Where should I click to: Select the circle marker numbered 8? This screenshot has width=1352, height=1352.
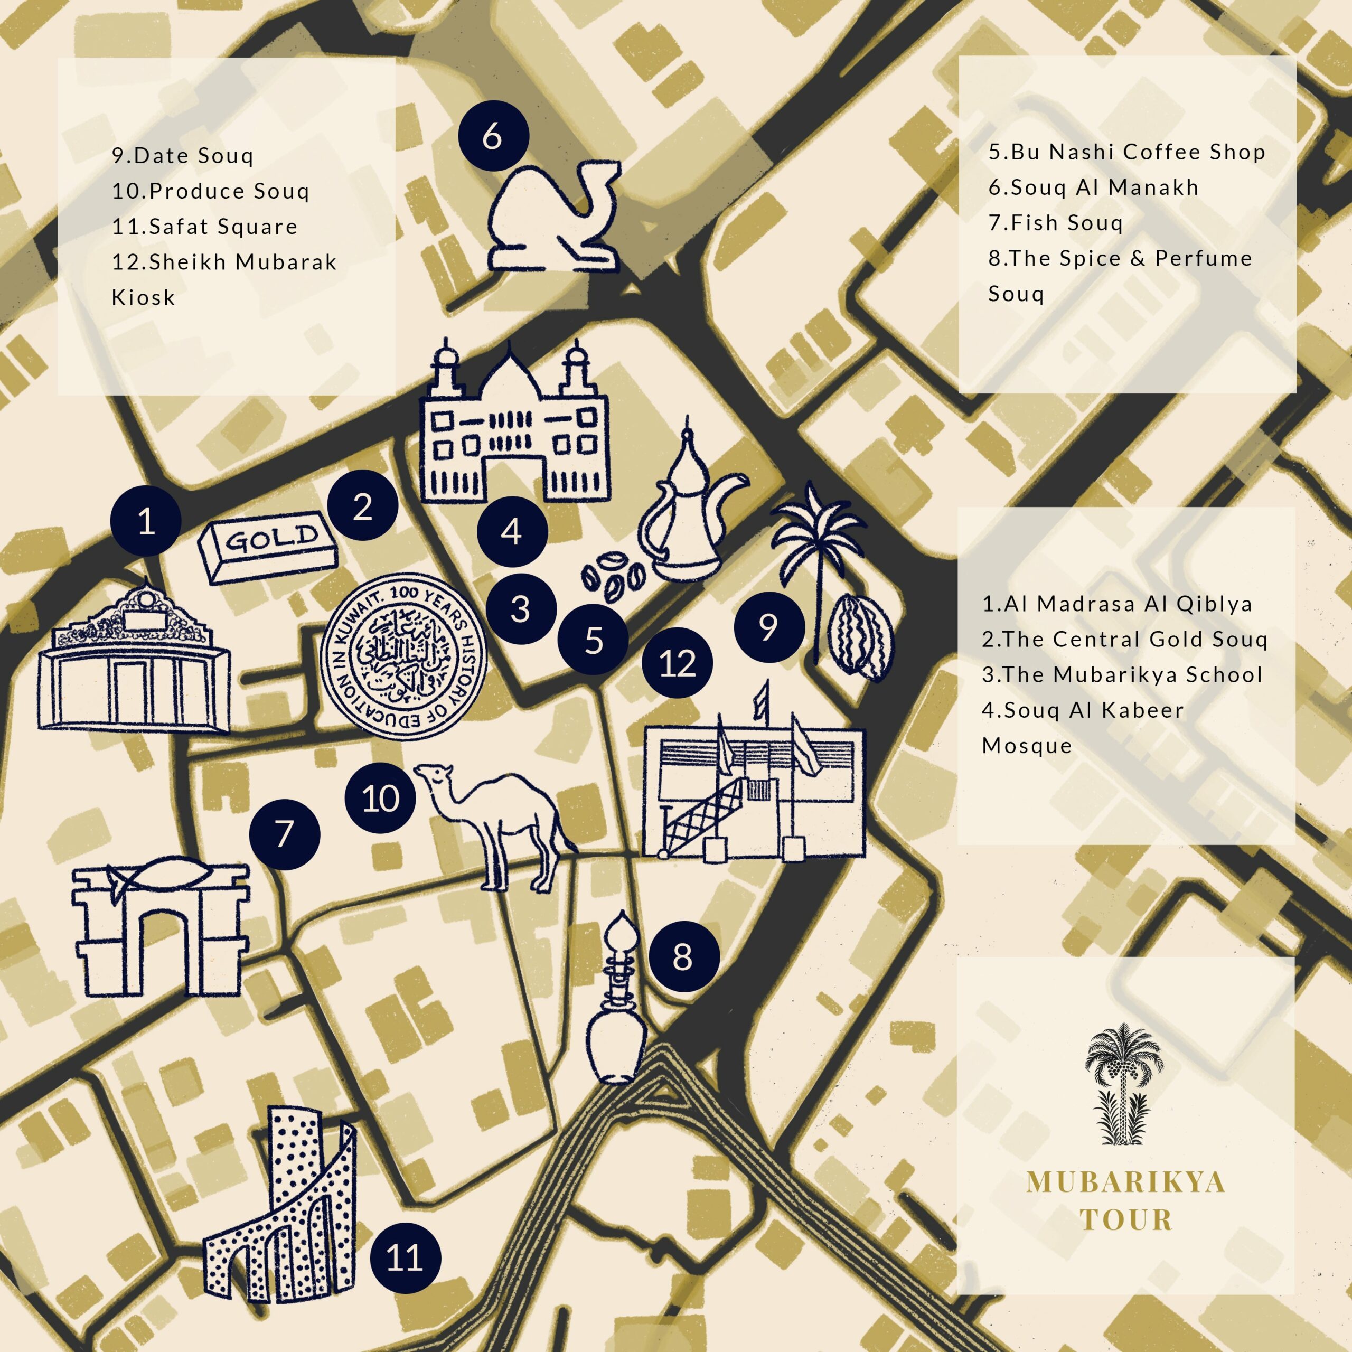pyautogui.click(x=684, y=956)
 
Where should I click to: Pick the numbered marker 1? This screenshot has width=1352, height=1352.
pyautogui.click(x=146, y=521)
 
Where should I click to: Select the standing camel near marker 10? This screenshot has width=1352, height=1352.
pyautogui.click(x=500, y=819)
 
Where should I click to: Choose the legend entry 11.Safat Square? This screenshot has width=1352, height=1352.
pyautogui.click(x=205, y=227)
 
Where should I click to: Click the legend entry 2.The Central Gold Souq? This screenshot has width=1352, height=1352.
pyautogui.click(x=1124, y=639)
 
